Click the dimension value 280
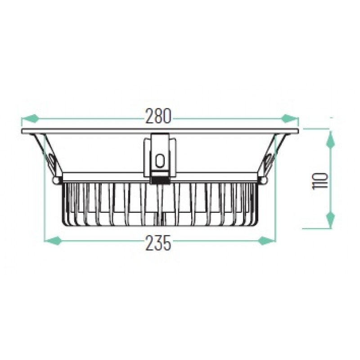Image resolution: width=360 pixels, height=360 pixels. (x=159, y=116)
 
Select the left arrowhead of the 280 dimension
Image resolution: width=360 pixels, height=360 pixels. (x=29, y=118)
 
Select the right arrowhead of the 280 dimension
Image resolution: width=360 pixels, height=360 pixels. (x=290, y=118)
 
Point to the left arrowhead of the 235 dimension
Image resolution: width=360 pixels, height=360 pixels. (x=52, y=241)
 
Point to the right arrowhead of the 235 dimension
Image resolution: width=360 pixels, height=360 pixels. (x=266, y=241)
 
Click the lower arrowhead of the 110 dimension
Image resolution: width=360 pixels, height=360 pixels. (x=330, y=219)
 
